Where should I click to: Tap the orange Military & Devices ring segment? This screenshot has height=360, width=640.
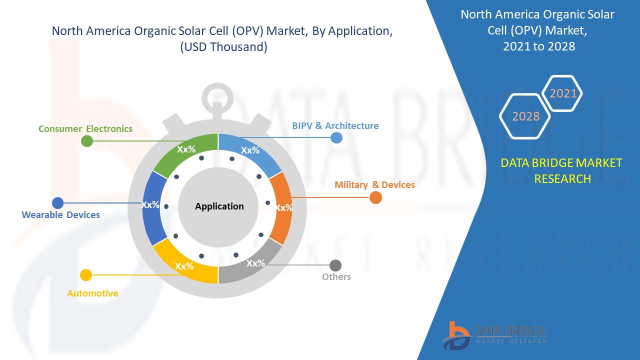pos(281,208)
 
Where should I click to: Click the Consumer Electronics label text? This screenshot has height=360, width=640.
pos(85,129)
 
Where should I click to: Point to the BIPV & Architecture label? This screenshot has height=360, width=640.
pos(335,125)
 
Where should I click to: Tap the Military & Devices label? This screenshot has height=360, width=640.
pos(374,185)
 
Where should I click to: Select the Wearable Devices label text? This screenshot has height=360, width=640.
pos(61,215)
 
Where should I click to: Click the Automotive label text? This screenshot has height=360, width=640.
pos(92,293)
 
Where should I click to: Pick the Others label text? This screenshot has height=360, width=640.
pos(336,277)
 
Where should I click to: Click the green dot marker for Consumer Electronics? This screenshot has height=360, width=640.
pos(87,141)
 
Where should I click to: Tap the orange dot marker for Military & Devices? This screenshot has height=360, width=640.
pos(375,197)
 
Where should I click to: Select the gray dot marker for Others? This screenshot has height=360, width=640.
pos(335,265)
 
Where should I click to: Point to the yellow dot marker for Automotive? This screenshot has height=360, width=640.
pos(86,275)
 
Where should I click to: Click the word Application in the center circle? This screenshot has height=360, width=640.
pos(219,206)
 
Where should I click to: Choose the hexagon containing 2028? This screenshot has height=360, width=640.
pos(525,116)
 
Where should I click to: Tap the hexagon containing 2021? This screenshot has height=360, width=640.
pos(562,93)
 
